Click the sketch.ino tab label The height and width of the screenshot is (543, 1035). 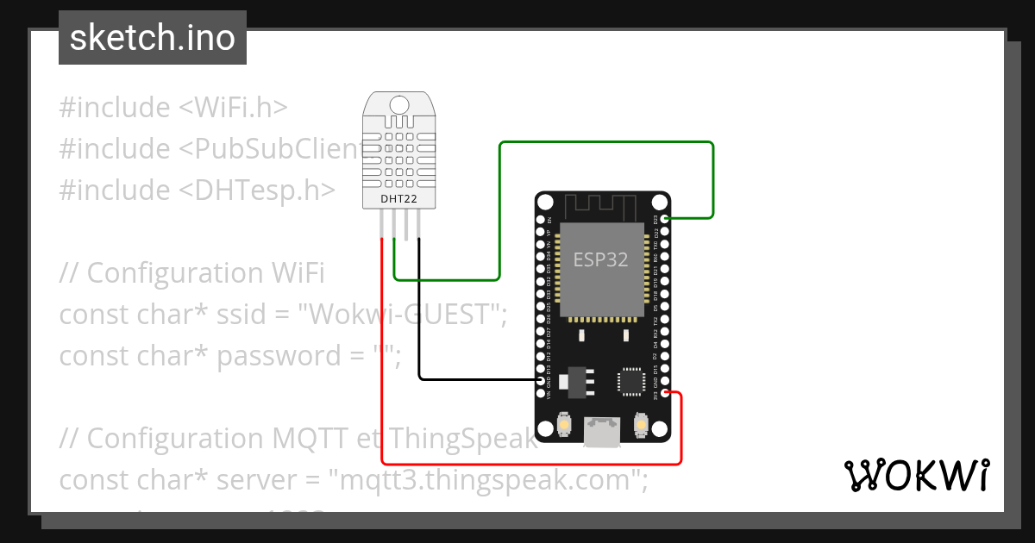click(153, 38)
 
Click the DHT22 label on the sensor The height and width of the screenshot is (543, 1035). click(398, 199)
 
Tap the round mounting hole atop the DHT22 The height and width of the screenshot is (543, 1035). click(398, 105)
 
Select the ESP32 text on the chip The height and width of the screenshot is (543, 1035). click(601, 259)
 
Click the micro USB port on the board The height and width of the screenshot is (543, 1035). click(601, 434)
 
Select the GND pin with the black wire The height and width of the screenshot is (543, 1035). click(541, 380)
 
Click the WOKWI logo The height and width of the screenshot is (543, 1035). click(916, 475)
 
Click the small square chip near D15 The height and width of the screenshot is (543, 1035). click(630, 382)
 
